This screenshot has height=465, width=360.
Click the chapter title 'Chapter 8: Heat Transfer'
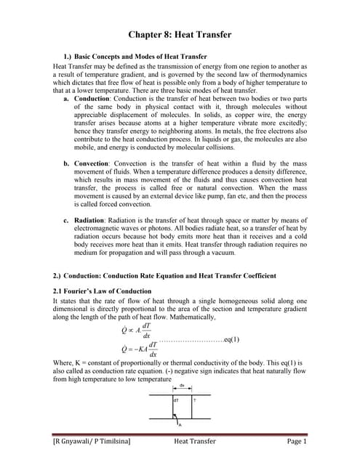pyautogui.click(x=180, y=34)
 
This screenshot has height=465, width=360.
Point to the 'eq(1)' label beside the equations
pyautogui.click(x=231, y=339)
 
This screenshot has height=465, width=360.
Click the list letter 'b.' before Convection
pyautogui.click(x=67, y=163)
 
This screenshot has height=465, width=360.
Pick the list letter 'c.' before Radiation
pyautogui.click(x=67, y=219)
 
